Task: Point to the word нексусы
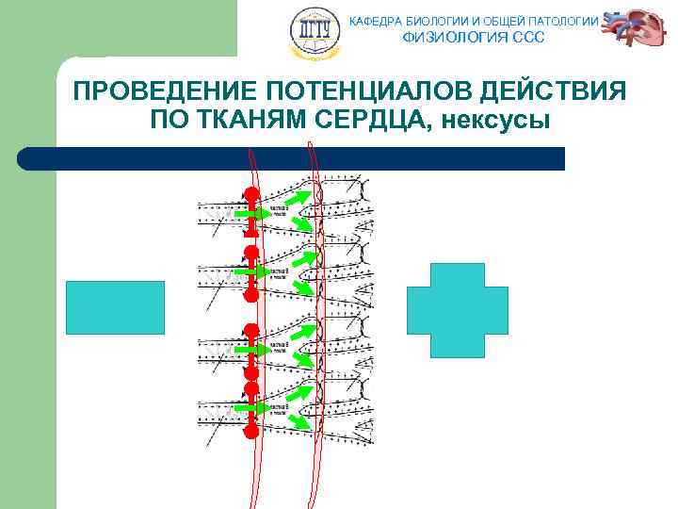pos(498,121)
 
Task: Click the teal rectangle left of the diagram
pos(115,307)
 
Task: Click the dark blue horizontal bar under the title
pos(292,158)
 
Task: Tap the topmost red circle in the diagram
pos(251,195)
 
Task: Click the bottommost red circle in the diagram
pos(251,432)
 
